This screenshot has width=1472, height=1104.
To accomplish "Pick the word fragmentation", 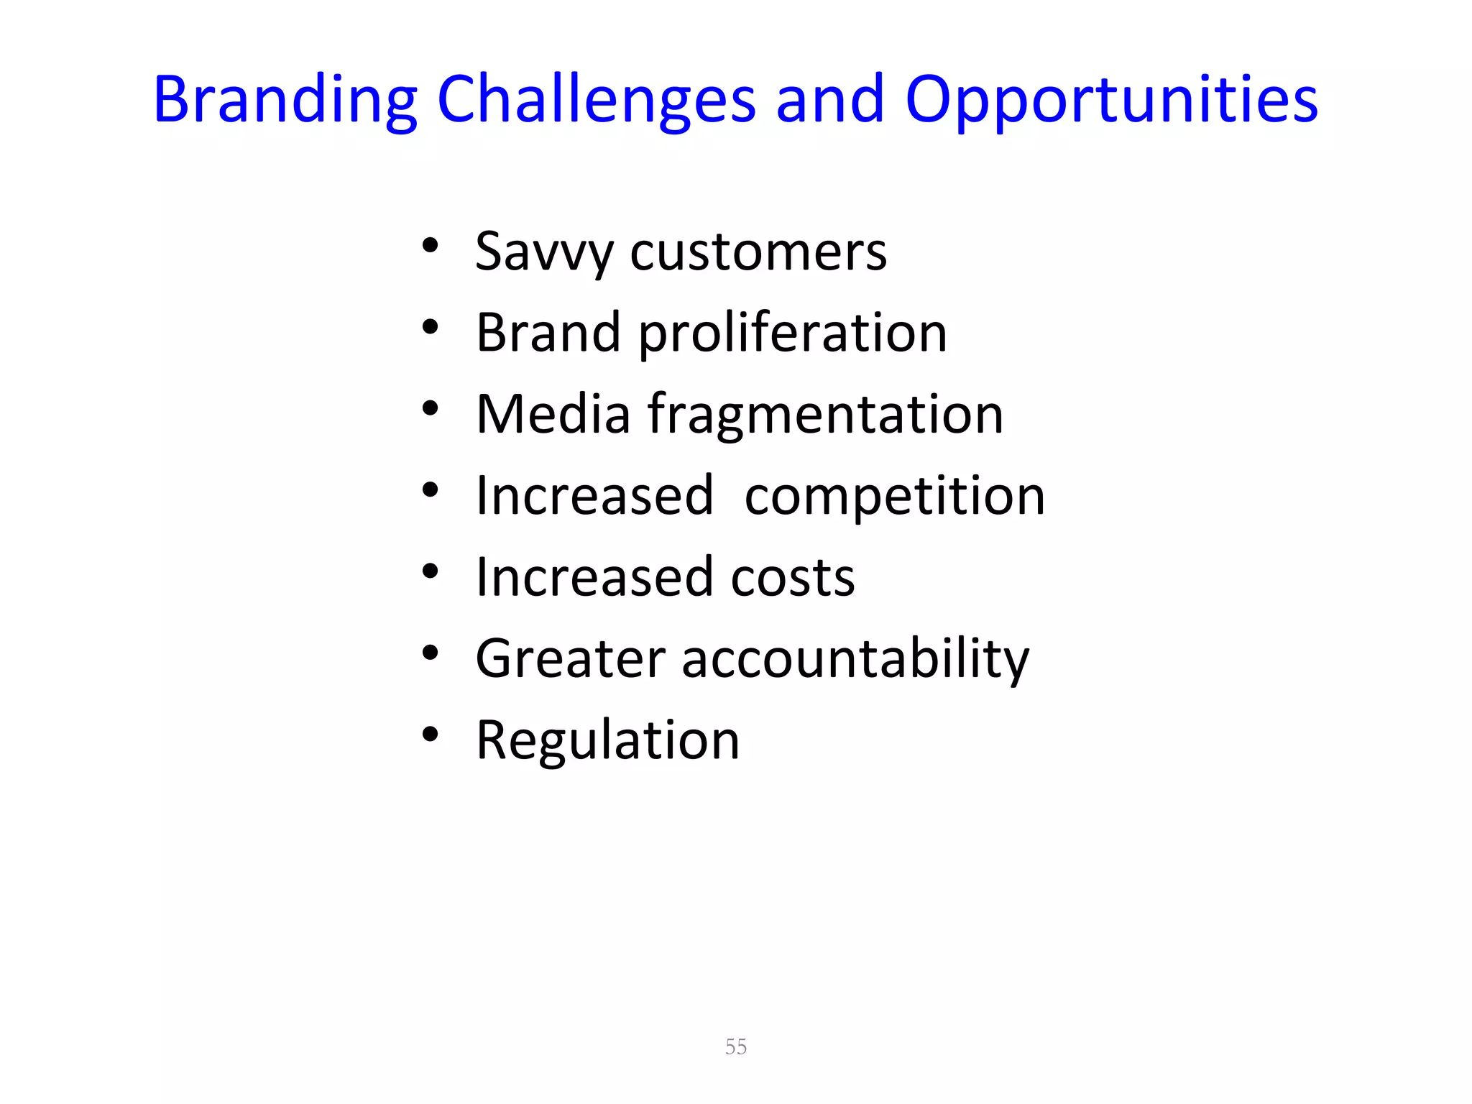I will [x=825, y=415].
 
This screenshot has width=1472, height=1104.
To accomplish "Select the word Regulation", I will [x=608, y=740].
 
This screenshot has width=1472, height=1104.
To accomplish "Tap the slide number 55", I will [x=736, y=1046].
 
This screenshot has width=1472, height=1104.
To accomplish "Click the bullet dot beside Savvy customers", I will [x=430, y=247].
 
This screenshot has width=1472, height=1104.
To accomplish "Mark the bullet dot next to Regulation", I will [x=430, y=735].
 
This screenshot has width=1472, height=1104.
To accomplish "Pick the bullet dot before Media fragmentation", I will [x=430, y=409].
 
